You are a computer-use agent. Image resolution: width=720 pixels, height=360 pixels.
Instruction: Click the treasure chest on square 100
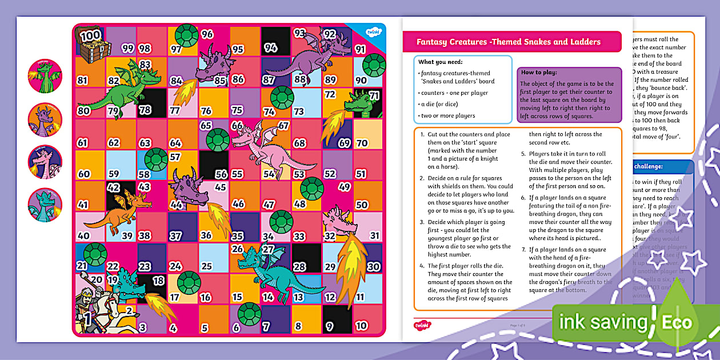pyautogui.click(x=91, y=45)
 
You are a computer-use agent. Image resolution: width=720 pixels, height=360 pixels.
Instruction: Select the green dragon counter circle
pyautogui.click(x=45, y=75)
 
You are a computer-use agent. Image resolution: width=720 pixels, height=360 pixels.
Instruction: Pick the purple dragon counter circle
pyautogui.click(x=45, y=118)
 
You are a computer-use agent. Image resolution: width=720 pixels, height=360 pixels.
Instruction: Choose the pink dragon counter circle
pyautogui.click(x=45, y=162)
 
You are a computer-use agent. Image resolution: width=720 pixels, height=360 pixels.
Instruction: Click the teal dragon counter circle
pyautogui.click(x=45, y=205)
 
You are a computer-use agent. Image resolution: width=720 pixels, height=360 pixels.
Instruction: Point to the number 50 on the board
pyautogui.click(x=361, y=205)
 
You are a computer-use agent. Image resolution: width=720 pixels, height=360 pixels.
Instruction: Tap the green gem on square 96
pyautogui.click(x=187, y=35)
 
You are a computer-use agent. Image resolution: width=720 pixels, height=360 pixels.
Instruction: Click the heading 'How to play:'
pyautogui.click(x=539, y=73)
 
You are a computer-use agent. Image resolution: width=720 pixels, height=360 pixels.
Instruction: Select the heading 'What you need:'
pyautogui.click(x=441, y=62)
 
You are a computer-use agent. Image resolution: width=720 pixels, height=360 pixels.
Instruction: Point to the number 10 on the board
pyautogui.click(x=361, y=326)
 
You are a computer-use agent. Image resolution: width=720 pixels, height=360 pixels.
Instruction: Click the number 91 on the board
pyautogui.click(x=360, y=49)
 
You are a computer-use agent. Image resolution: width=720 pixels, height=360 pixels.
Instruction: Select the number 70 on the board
pyautogui.click(x=362, y=143)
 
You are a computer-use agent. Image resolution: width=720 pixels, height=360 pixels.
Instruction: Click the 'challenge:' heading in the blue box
pyautogui.click(x=648, y=166)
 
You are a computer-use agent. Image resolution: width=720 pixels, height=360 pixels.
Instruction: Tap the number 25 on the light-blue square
pyautogui.click(x=206, y=266)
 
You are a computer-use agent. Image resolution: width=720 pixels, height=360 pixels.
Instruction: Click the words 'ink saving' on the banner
pyautogui.click(x=603, y=322)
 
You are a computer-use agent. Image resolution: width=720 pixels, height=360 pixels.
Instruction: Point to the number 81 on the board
pyautogui.click(x=83, y=81)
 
